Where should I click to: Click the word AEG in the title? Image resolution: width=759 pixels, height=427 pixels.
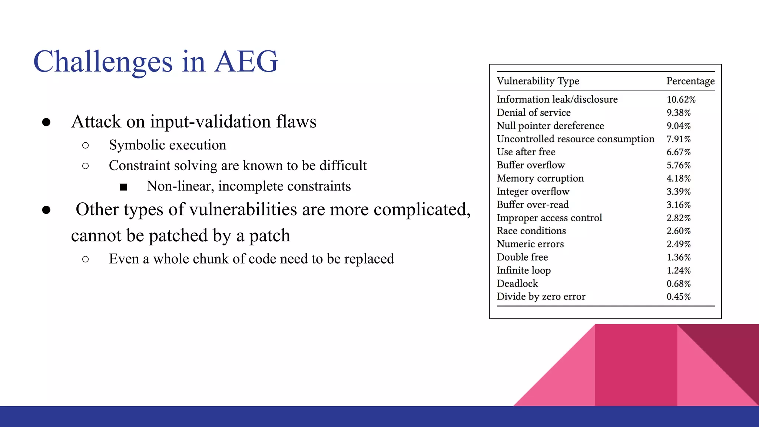(x=246, y=62)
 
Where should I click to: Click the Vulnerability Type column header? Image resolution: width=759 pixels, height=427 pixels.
(x=538, y=81)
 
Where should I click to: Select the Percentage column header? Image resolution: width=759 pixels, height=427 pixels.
(x=690, y=81)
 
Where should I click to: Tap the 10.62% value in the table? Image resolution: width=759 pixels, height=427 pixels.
(x=681, y=100)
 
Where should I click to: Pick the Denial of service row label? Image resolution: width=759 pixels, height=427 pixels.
(x=533, y=113)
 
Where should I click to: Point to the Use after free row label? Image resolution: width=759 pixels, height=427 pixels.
(x=526, y=152)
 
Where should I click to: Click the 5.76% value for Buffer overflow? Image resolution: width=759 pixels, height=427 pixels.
(x=678, y=165)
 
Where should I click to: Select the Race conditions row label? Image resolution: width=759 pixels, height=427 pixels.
(x=531, y=231)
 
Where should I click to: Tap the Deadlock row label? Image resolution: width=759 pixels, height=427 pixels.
(x=517, y=284)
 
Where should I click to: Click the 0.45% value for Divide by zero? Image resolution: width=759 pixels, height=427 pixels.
(x=678, y=297)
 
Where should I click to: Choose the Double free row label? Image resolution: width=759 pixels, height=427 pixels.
(x=522, y=257)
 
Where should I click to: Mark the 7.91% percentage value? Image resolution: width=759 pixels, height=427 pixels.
(x=678, y=139)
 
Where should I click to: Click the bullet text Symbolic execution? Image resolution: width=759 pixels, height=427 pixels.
(x=167, y=145)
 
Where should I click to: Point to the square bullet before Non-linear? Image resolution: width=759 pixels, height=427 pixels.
(x=123, y=187)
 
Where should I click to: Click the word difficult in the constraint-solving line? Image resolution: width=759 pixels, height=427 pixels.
(x=343, y=166)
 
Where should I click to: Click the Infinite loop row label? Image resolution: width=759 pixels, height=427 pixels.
(x=523, y=271)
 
